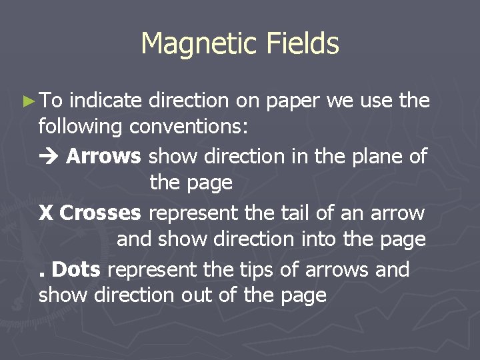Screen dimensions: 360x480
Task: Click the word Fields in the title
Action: pyautogui.click(x=303, y=44)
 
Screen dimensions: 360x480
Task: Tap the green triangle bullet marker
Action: pyautogui.click(x=27, y=101)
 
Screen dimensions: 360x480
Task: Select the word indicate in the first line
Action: pyautogui.click(x=105, y=101)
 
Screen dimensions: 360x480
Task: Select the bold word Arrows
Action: pyautogui.click(x=103, y=156)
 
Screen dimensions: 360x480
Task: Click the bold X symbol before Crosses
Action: pyautogui.click(x=46, y=213)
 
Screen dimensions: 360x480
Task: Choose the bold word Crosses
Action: pyautogui.click(x=100, y=213)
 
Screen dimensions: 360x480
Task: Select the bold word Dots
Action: pyautogui.click(x=75, y=270)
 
